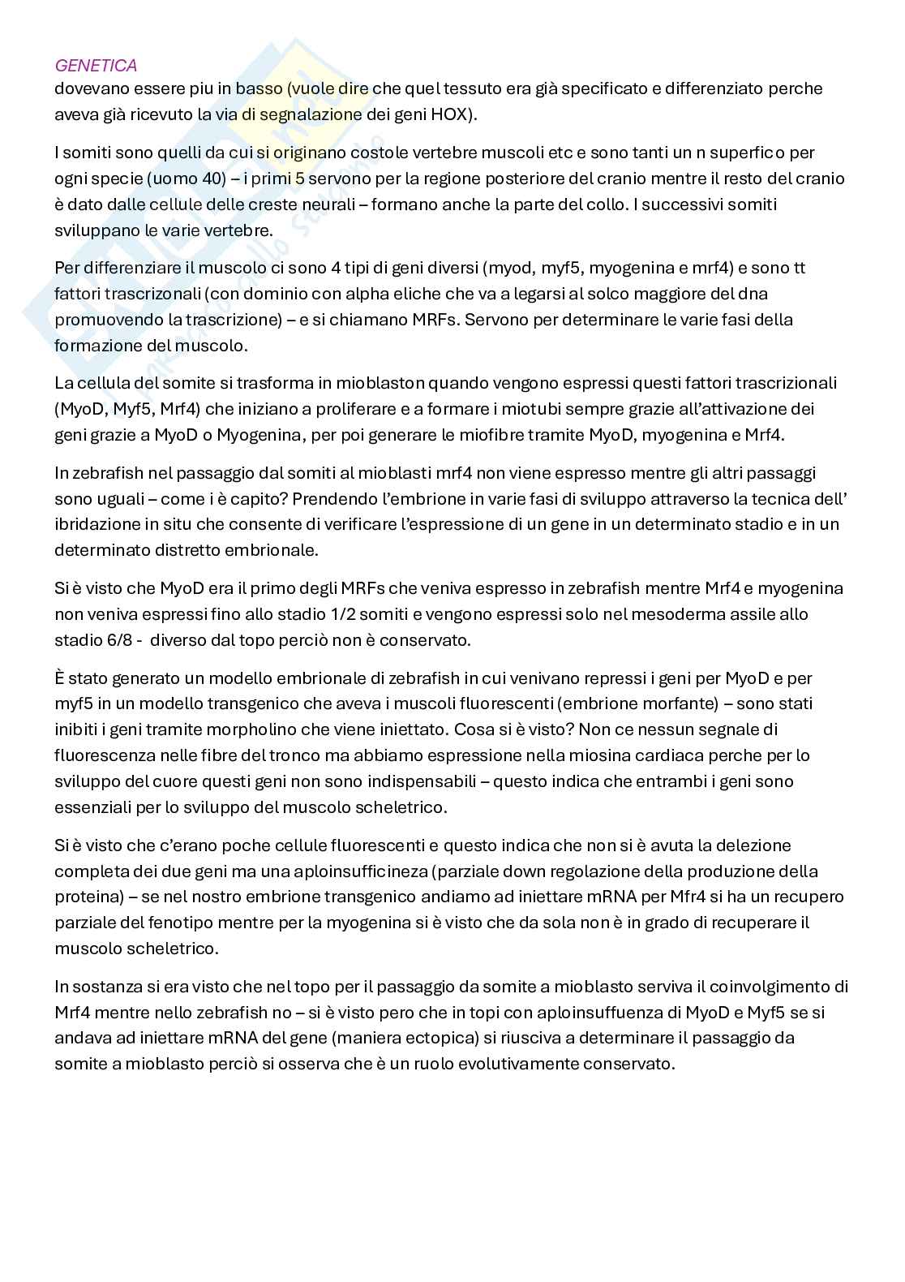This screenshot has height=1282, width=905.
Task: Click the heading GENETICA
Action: tap(96, 66)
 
